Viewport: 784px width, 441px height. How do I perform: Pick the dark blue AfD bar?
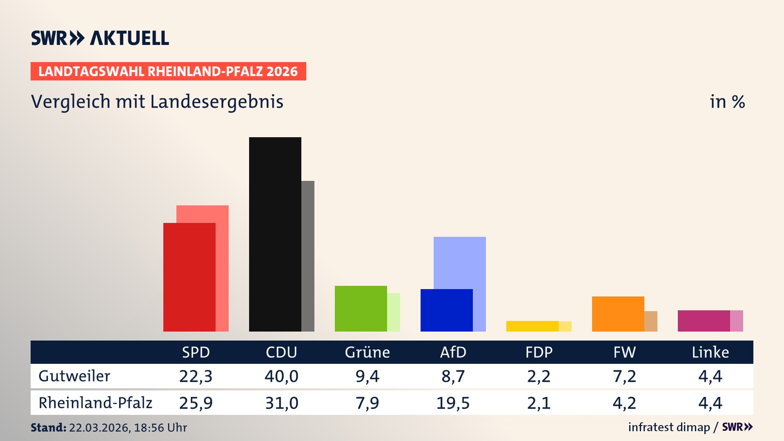446,310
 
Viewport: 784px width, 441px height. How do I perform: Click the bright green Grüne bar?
361,308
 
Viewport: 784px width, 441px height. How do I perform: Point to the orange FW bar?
618,314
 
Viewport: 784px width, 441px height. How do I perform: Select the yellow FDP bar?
532,326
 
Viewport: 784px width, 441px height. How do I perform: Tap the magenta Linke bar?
704,321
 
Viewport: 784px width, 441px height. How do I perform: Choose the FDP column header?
539,352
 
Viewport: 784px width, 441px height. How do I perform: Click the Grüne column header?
367,352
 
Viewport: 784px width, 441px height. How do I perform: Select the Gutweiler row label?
74,376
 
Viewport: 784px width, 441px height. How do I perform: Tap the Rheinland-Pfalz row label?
95,403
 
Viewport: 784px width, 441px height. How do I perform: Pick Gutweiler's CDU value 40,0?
281,376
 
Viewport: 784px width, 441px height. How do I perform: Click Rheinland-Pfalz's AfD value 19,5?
453,403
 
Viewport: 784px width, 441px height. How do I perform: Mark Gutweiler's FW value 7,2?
624,376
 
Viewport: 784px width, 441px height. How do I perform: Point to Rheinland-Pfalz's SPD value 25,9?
196,403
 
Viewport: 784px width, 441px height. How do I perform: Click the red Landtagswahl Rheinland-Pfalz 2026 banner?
168,71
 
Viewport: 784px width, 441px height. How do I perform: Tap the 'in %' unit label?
727,102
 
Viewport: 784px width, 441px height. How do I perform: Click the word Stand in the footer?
48,428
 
